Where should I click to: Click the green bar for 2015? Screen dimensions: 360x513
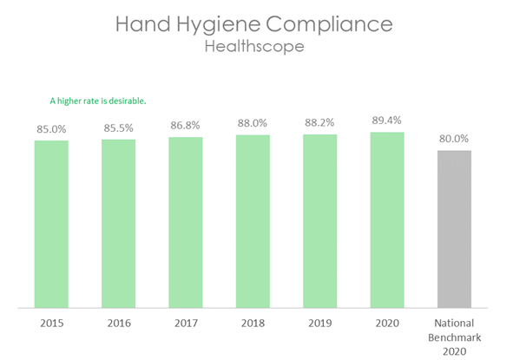coord(51,224)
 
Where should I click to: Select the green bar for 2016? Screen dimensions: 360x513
coord(118,223)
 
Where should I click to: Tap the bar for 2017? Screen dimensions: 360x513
coord(186,222)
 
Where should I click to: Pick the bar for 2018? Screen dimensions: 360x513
coord(253,221)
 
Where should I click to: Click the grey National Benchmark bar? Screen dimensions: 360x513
coord(454,229)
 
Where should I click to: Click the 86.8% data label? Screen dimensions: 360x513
coord(186,128)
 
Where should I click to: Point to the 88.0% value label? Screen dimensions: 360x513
coord(253,124)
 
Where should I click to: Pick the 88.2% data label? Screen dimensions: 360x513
coord(319,124)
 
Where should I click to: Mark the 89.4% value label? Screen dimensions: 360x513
coord(387,121)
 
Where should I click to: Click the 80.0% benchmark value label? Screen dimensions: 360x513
coord(454,139)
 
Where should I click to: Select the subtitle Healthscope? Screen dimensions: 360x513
coord(254,47)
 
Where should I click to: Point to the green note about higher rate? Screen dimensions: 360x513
coord(98,101)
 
